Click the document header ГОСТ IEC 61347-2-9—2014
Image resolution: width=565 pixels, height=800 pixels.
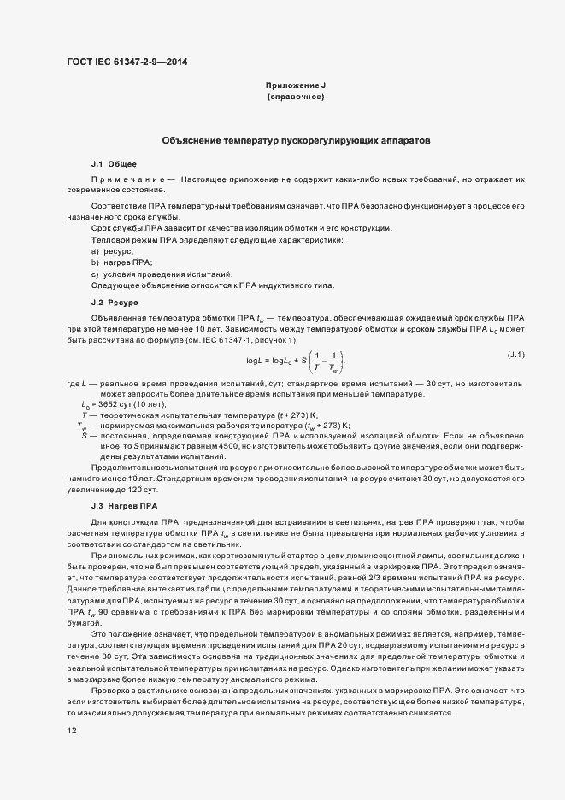[126, 62]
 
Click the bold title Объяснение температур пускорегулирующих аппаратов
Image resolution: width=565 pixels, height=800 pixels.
[296, 139]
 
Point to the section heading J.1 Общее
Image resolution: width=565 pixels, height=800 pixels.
[109, 163]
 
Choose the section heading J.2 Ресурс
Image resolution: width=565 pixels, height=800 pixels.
[115, 303]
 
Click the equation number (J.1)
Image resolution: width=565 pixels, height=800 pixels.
[516, 354]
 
